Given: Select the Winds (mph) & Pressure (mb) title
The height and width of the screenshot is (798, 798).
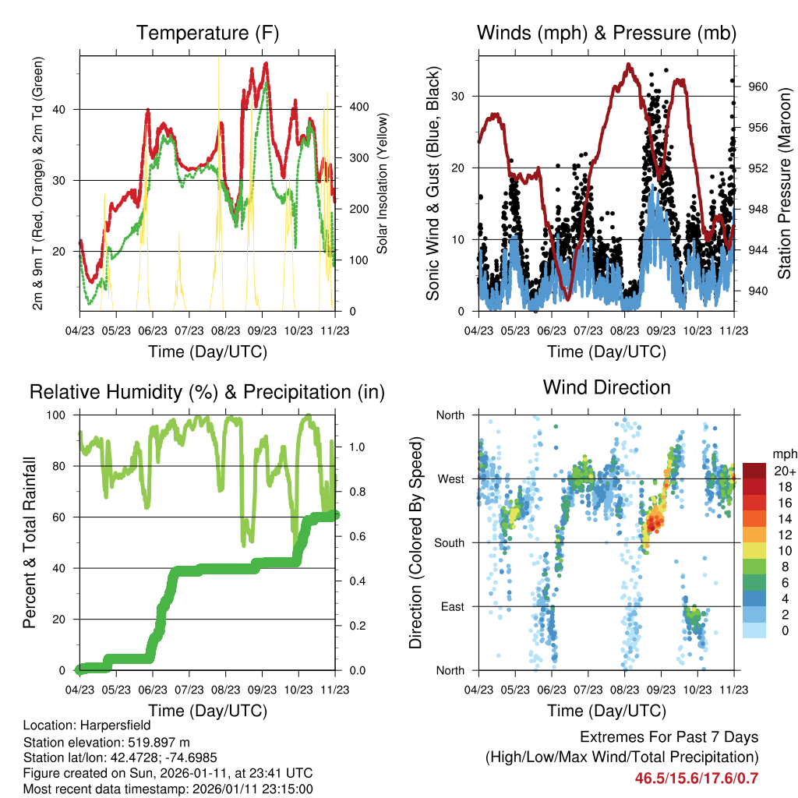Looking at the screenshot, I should coord(606,34).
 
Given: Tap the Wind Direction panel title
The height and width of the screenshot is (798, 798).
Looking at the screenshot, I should coord(606,387).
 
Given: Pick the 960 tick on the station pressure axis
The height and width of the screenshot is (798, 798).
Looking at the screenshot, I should coord(759,87).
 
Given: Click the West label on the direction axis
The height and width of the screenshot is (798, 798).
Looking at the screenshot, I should coord(450,478).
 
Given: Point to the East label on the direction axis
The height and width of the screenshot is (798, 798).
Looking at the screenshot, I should coord(451,606).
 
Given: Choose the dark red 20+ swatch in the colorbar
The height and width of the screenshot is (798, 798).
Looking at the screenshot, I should coord(755,471).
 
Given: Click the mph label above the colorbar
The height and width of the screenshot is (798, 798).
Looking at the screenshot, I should coord(783,454).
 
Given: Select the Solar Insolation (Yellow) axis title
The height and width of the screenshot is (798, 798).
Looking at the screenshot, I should coord(383,183).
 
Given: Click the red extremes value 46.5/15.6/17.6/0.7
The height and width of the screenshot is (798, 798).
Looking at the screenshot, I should coord(697,778).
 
